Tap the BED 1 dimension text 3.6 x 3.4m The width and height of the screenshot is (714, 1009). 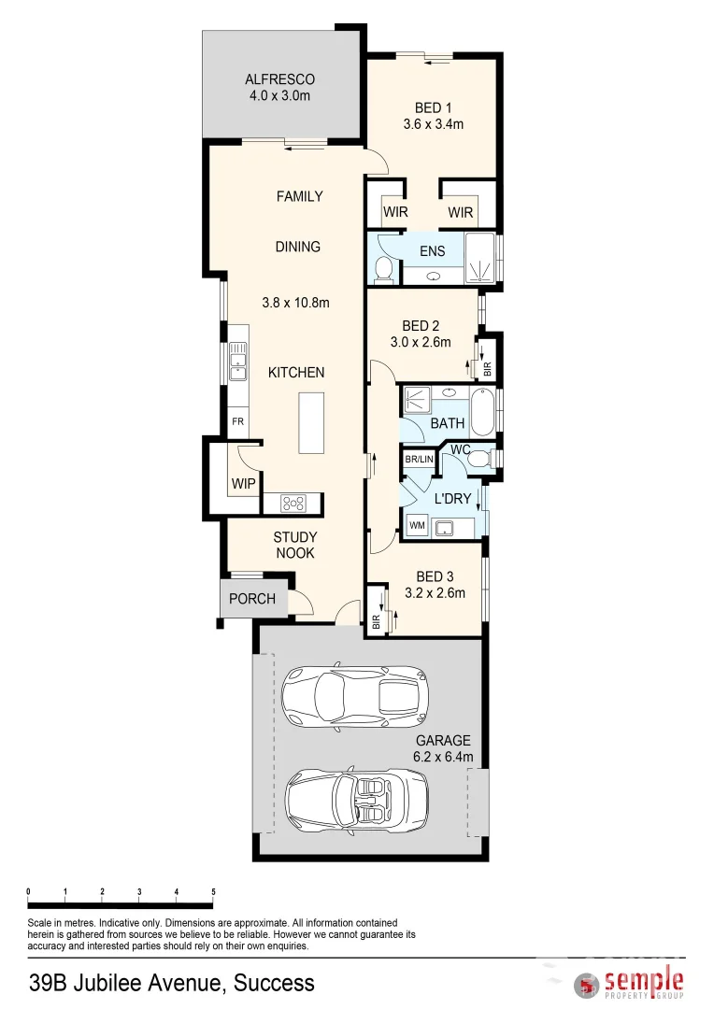434,123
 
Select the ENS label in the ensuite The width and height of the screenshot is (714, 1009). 433,251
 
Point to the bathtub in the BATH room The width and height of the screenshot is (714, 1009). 482,411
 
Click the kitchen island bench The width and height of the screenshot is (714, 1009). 311,423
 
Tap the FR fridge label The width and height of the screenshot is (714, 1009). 238,421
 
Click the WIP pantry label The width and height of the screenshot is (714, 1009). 243,484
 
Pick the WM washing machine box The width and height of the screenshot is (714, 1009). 417,526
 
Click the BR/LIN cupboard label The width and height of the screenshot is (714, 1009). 419,460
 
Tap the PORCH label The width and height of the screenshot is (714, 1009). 252,599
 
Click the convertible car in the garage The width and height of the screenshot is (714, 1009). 358,796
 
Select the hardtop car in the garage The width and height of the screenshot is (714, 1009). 356,694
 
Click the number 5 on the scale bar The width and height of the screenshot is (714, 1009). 214,892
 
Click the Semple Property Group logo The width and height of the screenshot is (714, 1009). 629,983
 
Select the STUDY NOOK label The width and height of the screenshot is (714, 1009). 294,545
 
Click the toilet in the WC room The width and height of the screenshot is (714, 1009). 478,458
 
